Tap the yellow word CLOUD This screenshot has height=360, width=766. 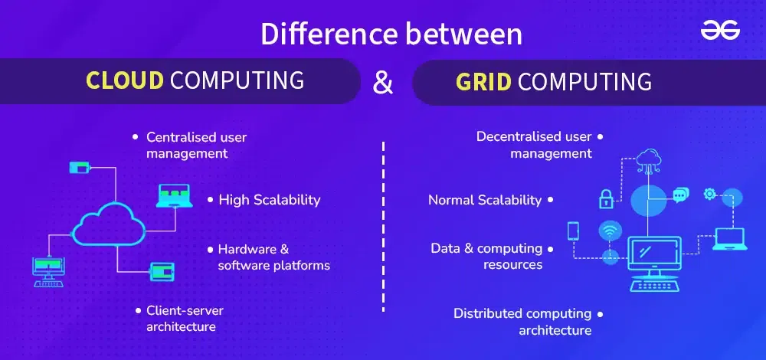tap(125, 80)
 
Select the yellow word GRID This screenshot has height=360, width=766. tap(483, 82)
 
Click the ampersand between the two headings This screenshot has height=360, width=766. tap(382, 82)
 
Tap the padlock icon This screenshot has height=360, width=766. tap(606, 198)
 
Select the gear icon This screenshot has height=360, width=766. tap(709, 194)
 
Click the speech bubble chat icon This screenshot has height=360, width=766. tap(680, 195)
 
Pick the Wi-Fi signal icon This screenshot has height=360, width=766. tap(611, 231)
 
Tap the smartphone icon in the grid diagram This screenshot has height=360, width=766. tap(573, 231)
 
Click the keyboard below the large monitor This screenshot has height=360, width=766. tap(654, 284)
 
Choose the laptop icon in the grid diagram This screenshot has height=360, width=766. tap(729, 239)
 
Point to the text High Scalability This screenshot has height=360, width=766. tap(269, 200)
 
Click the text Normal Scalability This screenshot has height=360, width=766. tap(485, 200)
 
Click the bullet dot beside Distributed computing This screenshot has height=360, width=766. tap(600, 314)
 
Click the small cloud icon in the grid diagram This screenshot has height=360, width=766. tap(649, 159)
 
